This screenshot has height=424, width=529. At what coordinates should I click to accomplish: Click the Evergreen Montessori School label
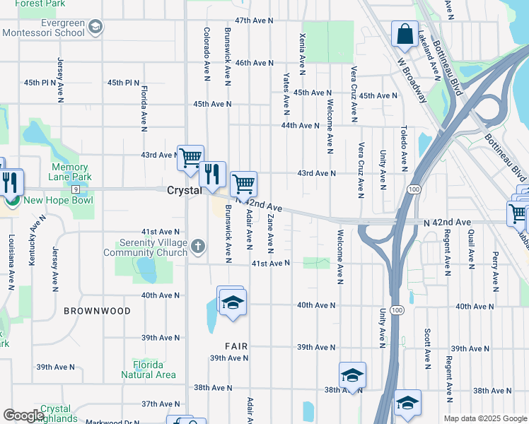[x=45, y=27]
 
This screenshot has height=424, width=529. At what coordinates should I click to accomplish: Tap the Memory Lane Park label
[x=71, y=172]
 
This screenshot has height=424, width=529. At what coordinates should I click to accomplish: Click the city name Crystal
[x=184, y=191]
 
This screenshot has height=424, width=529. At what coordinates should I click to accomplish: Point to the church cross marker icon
[x=199, y=247]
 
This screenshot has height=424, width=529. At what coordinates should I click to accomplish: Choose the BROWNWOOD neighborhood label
[x=97, y=311]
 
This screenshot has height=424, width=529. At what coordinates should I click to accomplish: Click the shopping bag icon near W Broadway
[x=405, y=34]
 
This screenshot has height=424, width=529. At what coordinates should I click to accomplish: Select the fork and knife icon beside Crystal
[x=211, y=172]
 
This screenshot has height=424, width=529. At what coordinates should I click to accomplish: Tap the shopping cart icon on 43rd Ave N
[x=190, y=157]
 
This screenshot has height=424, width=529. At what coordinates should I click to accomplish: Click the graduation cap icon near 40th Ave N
[x=231, y=302]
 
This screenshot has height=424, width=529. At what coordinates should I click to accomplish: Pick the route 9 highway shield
[x=74, y=189]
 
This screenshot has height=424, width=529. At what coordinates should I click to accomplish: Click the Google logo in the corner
[x=23, y=416]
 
